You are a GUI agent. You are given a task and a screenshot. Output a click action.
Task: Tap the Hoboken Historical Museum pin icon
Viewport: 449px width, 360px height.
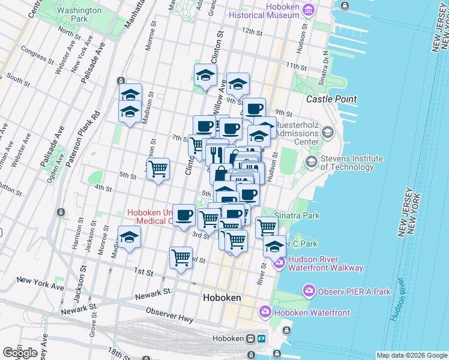pos(309,10)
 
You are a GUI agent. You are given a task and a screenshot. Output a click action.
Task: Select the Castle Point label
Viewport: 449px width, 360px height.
pos(331,99)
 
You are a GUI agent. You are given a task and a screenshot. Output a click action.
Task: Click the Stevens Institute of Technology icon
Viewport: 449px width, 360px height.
pos(311,161)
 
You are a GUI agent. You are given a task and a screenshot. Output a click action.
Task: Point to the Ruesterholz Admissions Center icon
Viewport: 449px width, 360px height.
pos(328,132)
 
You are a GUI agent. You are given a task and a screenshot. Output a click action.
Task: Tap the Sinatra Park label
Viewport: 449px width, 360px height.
pos(297,215)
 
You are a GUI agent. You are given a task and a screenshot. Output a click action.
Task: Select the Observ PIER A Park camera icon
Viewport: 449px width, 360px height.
pos(310,292)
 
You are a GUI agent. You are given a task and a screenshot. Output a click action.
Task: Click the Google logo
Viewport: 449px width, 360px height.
pos(20,352)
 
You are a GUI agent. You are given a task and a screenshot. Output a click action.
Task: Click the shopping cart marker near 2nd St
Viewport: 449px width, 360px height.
pos(181,257)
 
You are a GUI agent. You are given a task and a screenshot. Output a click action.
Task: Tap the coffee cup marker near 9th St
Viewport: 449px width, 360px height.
pos(255,108)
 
